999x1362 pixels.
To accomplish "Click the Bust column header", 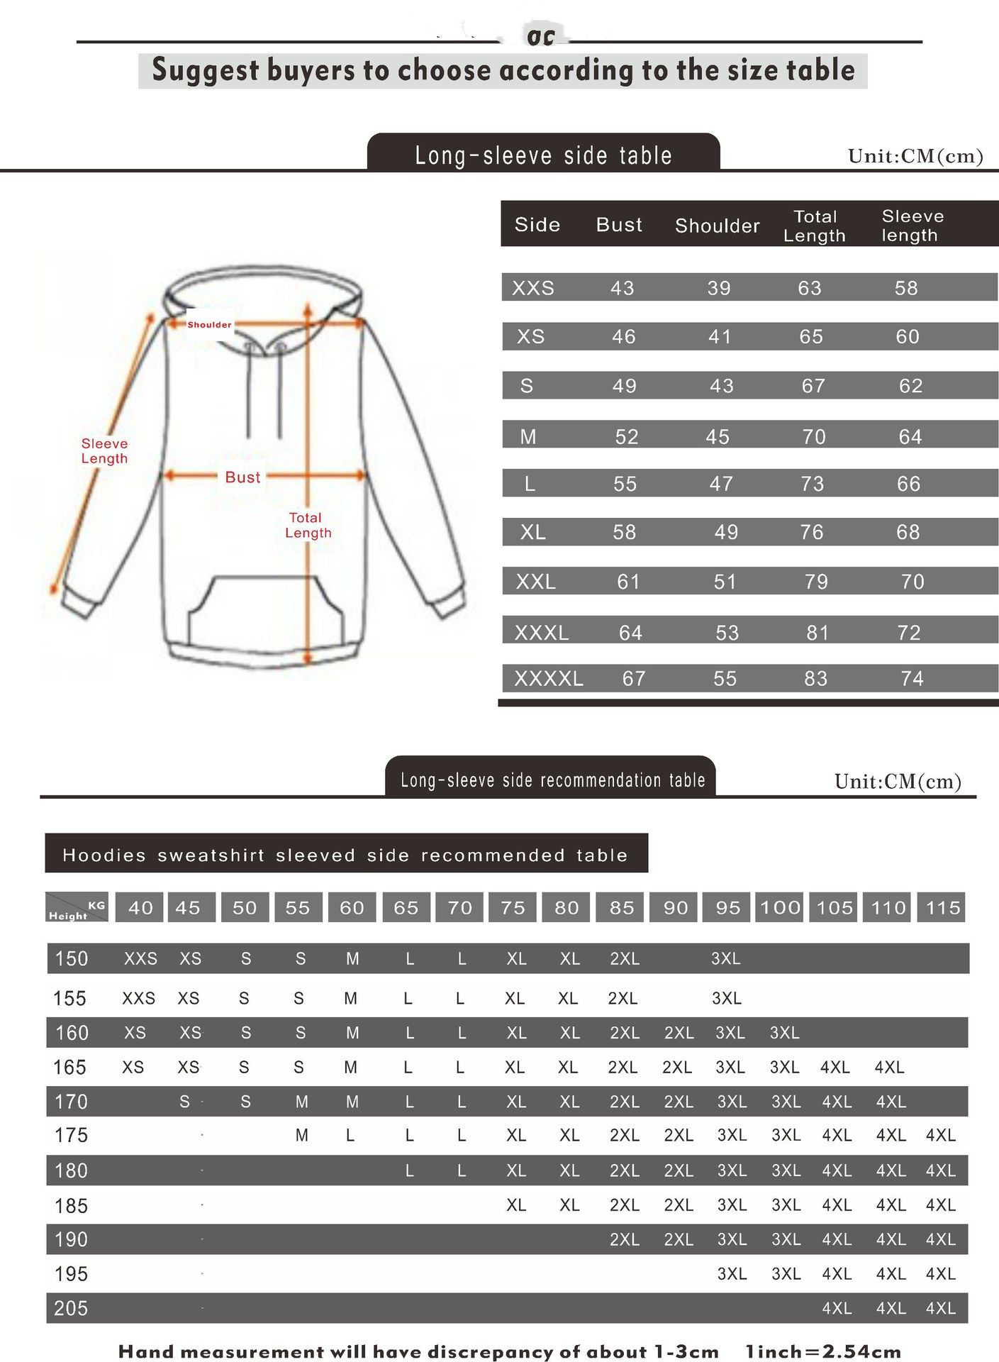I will (619, 225).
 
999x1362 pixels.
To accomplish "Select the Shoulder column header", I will (717, 226).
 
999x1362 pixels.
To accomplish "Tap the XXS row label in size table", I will (533, 288).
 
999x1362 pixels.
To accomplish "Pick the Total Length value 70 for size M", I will (814, 436).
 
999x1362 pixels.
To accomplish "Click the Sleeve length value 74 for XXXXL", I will (912, 679).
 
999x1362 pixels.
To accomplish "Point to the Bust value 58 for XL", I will (624, 532).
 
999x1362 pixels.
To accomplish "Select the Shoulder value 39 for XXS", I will (718, 288).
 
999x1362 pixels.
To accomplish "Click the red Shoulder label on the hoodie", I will (209, 325).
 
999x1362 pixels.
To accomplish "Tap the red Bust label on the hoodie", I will (242, 477).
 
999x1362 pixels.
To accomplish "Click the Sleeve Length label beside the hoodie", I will (104, 451).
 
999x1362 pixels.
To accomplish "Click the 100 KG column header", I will (780, 907).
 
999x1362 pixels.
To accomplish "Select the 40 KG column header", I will (140, 907).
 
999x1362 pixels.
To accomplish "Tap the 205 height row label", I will (71, 1308).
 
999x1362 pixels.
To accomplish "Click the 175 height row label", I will (71, 1135).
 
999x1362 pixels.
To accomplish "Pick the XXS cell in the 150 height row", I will (140, 959).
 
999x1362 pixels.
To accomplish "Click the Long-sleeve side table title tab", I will (543, 155).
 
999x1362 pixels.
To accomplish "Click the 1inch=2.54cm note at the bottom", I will (823, 1351).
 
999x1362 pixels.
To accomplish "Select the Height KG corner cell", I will (77, 908).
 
